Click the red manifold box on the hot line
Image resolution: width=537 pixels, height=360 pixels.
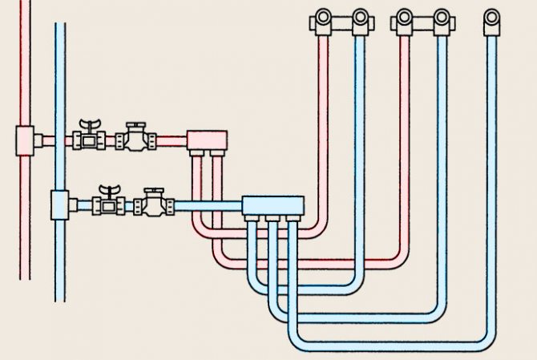(207, 141)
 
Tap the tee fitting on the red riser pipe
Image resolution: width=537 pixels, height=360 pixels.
(26, 141)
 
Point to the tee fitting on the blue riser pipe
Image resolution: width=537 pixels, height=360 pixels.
(61, 205)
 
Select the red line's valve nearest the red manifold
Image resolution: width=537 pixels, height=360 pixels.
(134, 138)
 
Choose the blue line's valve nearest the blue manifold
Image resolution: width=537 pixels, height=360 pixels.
(153, 202)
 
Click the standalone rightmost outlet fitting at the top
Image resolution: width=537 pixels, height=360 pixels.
(491, 19)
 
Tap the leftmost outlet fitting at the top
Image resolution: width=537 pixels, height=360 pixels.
(322, 19)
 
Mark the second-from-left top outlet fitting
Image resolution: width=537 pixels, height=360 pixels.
(360, 19)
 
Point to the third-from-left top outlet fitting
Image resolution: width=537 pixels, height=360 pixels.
(405, 19)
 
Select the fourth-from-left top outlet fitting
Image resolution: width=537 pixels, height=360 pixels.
(442, 19)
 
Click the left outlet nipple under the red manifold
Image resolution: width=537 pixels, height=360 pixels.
(196, 155)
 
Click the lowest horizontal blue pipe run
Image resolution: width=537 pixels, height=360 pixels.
(393, 341)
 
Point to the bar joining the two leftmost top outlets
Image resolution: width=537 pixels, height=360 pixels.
(341, 26)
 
